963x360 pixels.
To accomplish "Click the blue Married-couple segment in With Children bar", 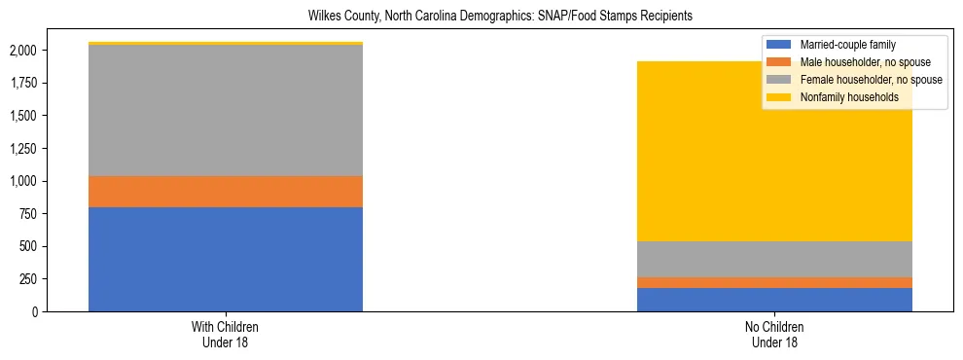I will tap(226, 259).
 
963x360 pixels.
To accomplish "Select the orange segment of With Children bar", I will tap(226, 192).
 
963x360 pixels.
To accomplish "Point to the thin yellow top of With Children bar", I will tap(226, 43).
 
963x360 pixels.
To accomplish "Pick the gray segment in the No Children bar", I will tap(774, 259).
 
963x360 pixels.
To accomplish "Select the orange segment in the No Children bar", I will tap(774, 282).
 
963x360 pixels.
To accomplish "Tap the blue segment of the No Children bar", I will tap(774, 300).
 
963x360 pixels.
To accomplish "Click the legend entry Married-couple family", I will tap(847, 45).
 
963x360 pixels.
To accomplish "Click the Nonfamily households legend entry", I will tap(848, 97).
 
